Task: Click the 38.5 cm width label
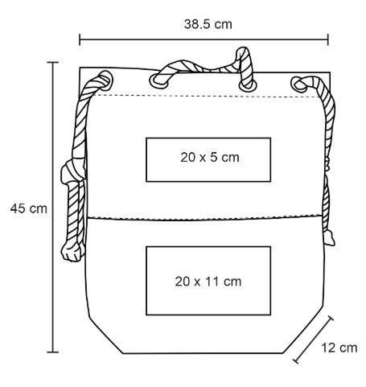point(208,24)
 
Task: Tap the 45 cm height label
point(29,208)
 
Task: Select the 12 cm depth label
point(339,348)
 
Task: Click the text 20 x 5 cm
point(210,157)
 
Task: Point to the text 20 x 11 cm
point(208,282)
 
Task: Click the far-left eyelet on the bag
point(106,79)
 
